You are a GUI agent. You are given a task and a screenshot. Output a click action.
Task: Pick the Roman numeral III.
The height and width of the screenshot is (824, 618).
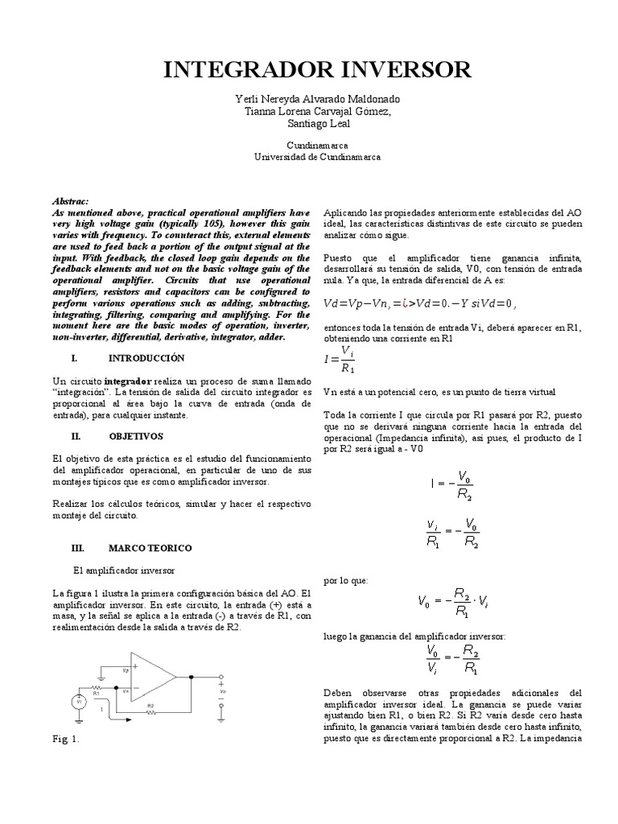coord(78,547)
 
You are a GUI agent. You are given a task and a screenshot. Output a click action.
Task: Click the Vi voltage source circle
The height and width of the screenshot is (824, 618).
coord(79,702)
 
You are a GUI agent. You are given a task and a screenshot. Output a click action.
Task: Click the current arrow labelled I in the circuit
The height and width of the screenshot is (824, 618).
coord(101,711)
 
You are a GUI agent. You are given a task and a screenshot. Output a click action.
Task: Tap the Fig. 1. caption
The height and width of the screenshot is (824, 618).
coord(62,737)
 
